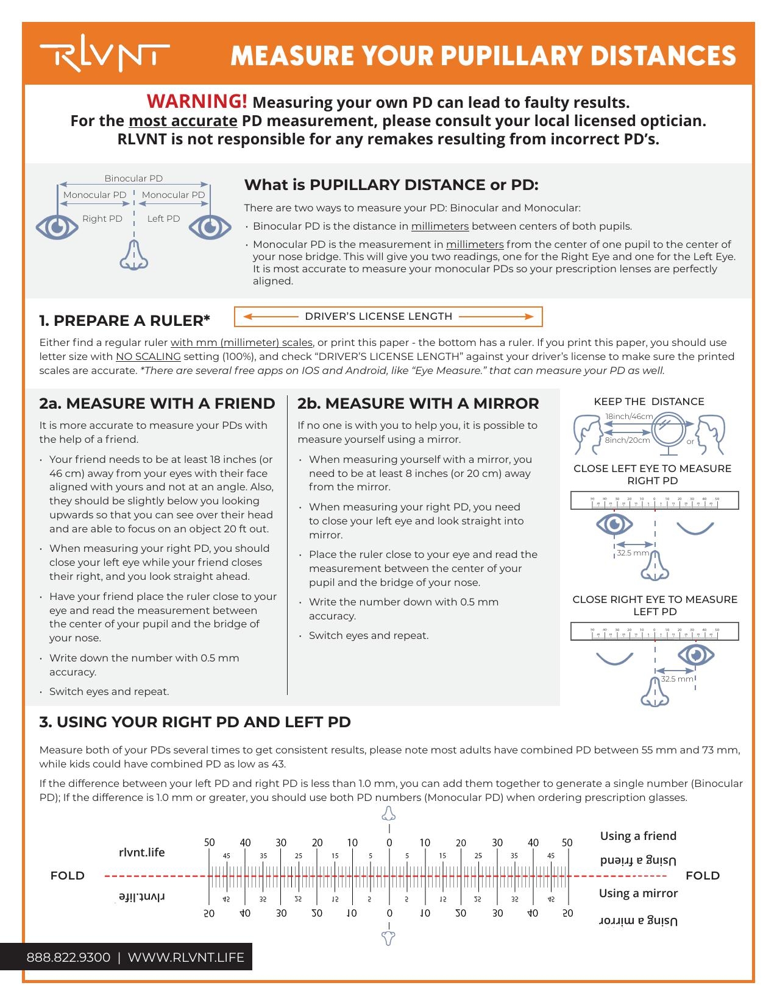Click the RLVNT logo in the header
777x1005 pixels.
(x=104, y=56)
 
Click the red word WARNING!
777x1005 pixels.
(x=197, y=101)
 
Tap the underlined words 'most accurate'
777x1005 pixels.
(x=183, y=121)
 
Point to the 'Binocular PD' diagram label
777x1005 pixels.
(x=133, y=178)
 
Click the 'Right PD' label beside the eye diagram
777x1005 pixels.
(x=102, y=219)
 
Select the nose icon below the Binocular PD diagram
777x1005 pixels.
(x=133, y=255)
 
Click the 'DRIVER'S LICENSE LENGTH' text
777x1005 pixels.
(x=378, y=316)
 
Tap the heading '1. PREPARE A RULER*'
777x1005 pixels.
(x=124, y=320)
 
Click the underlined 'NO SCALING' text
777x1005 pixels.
(x=148, y=356)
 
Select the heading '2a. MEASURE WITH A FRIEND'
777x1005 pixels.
(x=157, y=403)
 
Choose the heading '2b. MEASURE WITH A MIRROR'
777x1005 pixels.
(x=418, y=403)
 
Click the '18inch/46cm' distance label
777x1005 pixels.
(x=628, y=417)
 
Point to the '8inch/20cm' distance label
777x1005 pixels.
(x=627, y=440)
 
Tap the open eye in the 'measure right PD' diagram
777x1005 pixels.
(x=614, y=524)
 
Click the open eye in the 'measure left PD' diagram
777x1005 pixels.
(x=696, y=655)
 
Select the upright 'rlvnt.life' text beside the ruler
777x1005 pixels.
(x=141, y=852)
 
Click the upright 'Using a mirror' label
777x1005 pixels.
(x=638, y=893)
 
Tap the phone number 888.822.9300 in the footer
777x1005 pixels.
(x=68, y=957)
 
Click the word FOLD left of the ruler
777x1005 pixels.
(x=67, y=875)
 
